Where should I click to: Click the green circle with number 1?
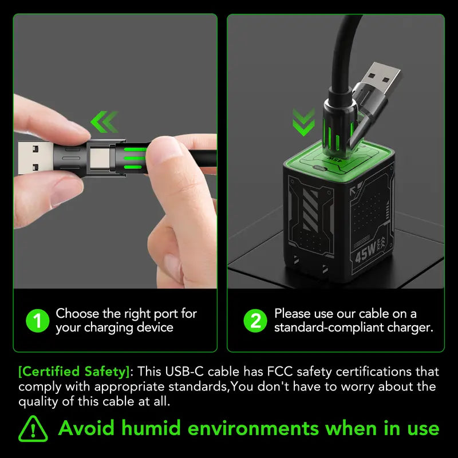point(38,321)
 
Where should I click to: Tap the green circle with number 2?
point(255,321)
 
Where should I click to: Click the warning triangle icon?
point(33,428)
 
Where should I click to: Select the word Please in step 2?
point(292,314)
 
